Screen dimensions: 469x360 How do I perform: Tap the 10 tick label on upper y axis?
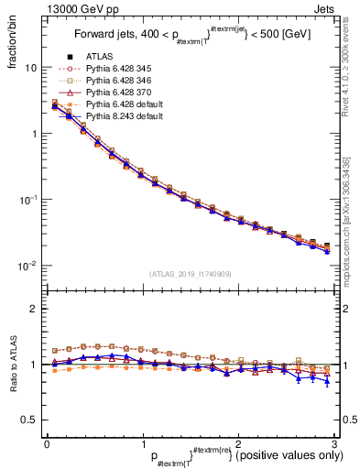tap(30, 68)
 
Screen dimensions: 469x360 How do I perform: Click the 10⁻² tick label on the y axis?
tap(27, 266)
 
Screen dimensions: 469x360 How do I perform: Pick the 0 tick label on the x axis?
tap(46, 442)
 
